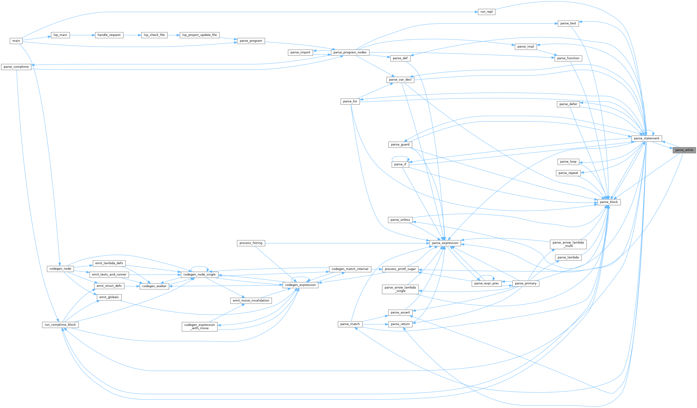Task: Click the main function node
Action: (16, 41)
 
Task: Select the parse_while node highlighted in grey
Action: (684, 150)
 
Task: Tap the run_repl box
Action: (486, 12)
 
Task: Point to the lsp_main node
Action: (60, 35)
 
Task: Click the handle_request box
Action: (109, 35)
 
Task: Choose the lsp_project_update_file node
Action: (199, 35)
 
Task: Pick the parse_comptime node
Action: (16, 67)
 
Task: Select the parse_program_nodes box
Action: (350, 52)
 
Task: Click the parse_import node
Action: (300, 52)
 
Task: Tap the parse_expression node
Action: (445, 243)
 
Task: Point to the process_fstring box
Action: (251, 243)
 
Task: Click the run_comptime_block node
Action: (60, 324)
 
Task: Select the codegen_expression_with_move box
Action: (199, 326)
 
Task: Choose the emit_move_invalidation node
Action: (251, 300)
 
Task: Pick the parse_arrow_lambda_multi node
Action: (568, 244)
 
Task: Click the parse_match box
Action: (350, 324)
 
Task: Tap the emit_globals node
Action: (109, 297)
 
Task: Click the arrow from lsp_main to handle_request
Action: (82, 35)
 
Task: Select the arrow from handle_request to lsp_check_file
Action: (132, 35)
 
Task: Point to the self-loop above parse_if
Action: (400, 157)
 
